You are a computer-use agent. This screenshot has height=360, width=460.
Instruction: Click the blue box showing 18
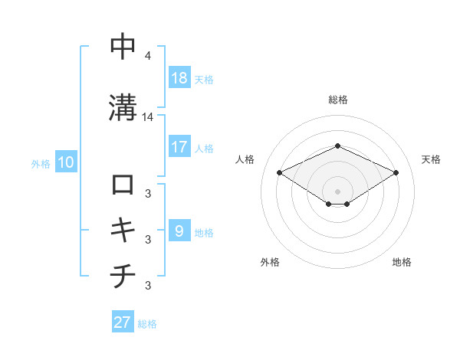point(179,78)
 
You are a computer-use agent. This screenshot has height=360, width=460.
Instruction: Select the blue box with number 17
point(179,147)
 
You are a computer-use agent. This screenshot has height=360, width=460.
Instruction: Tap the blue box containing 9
point(179,231)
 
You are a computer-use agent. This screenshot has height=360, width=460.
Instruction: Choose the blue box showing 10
point(65,162)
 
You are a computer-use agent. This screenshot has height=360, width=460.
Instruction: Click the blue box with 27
point(123,322)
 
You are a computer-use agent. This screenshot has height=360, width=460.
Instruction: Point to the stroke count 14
point(148,117)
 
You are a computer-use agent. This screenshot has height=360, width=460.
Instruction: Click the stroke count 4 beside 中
point(147,57)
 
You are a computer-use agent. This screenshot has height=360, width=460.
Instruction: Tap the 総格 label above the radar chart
point(338,100)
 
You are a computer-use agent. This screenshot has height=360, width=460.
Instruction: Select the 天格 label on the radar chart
point(431,159)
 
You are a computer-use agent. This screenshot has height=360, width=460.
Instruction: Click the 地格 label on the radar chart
point(402,262)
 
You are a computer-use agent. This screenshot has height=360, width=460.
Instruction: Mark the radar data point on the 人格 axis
point(280,172)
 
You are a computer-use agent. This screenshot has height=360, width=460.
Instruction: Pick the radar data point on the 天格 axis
point(396,172)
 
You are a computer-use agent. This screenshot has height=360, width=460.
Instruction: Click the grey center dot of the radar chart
point(338,191)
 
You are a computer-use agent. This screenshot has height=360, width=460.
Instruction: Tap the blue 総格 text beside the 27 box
point(148,323)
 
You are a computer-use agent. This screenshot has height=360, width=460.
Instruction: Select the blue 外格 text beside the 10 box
point(41,163)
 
